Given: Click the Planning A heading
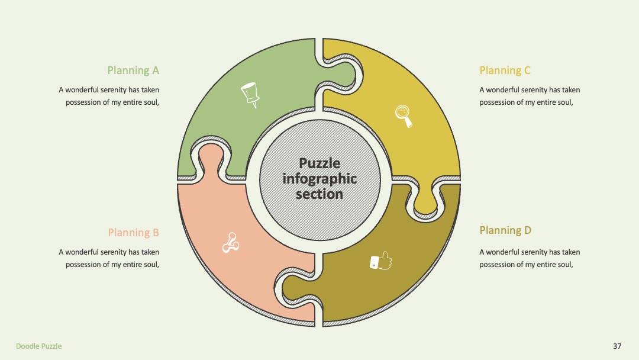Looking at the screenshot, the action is tap(133, 70).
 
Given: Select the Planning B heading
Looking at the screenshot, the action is tap(133, 233).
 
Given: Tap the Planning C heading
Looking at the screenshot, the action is tap(505, 70).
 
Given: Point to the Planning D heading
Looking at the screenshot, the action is tap(505, 230).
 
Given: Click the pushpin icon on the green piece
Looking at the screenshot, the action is tap(250, 95).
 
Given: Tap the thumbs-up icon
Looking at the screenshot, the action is tap(380, 261).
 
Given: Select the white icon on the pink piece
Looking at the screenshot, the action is tap(231, 243).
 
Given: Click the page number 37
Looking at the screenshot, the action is tap(617, 346).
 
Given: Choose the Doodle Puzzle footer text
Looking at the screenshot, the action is tap(38, 346).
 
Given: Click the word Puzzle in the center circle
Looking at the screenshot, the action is tap(319, 163).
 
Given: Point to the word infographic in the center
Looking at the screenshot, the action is tap(319, 179).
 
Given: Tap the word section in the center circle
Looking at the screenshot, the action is tap(319, 194).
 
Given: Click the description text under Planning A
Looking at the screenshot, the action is tap(109, 96).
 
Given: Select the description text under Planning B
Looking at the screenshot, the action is tap(109, 258).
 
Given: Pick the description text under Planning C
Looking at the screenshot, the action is tap(530, 96).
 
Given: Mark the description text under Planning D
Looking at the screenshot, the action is tap(530, 258).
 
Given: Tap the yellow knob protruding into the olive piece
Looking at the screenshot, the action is tap(425, 200).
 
